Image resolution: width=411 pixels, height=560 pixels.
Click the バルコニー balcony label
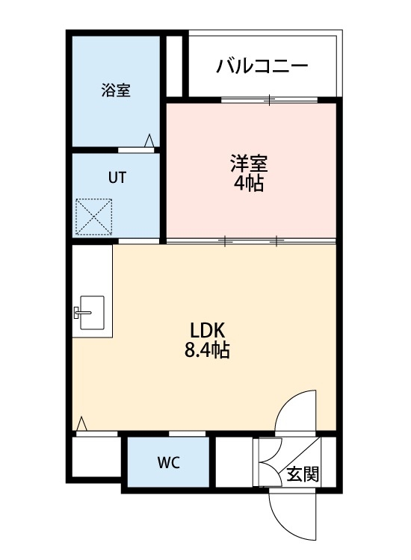point(262,66)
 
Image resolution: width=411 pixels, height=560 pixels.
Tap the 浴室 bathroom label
point(116,91)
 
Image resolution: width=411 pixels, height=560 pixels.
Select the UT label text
point(117,178)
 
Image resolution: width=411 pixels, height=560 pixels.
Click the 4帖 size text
point(249,183)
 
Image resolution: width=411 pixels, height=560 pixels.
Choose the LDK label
point(207,329)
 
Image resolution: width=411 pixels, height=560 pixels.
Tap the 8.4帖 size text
point(207,349)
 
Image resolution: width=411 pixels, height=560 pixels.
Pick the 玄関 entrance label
point(303,474)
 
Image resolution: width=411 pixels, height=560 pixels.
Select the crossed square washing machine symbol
point(93,217)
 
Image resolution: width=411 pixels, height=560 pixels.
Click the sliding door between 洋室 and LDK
point(250,241)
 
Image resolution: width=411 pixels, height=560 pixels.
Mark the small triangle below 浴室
point(149,140)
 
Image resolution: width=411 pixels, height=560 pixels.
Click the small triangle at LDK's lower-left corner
point(81,424)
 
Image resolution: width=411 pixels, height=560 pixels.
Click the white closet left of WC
point(96,457)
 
